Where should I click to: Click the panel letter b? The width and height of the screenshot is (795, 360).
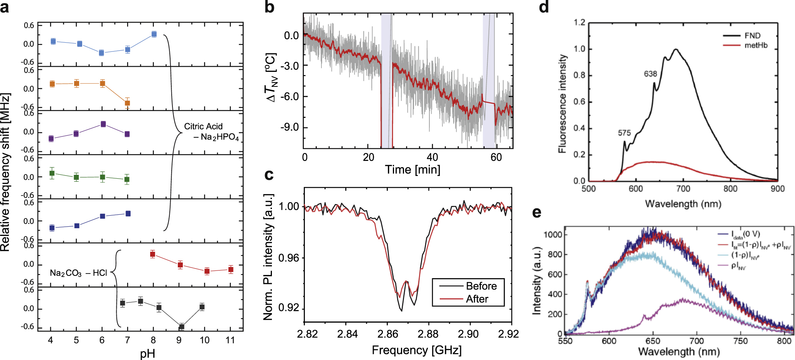(269, 7)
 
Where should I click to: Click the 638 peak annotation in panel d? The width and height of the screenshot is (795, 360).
(650, 74)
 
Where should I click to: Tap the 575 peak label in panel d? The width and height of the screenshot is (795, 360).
(624, 133)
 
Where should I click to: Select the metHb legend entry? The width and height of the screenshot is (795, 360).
(756, 45)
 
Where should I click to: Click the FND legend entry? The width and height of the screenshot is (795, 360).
(752, 36)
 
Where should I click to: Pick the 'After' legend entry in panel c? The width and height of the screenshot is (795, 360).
(477, 299)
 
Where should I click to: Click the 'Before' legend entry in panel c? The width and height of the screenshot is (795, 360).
(481, 286)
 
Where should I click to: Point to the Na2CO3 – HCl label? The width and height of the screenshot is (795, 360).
(78, 273)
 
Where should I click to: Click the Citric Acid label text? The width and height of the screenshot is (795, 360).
(203, 126)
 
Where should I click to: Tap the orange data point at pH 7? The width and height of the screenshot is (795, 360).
(127, 103)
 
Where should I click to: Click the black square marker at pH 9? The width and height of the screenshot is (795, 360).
(182, 327)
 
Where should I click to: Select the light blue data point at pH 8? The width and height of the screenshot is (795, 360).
(154, 34)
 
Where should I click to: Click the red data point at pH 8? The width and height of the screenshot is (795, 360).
(152, 254)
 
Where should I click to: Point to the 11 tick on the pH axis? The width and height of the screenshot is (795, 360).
(230, 340)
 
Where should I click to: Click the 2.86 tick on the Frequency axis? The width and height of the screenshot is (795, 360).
(388, 334)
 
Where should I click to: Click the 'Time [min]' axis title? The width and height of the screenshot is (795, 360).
(412, 169)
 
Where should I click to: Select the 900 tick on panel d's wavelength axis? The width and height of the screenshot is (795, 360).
(777, 189)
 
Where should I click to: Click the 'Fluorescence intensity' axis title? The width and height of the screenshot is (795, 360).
(563, 104)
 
